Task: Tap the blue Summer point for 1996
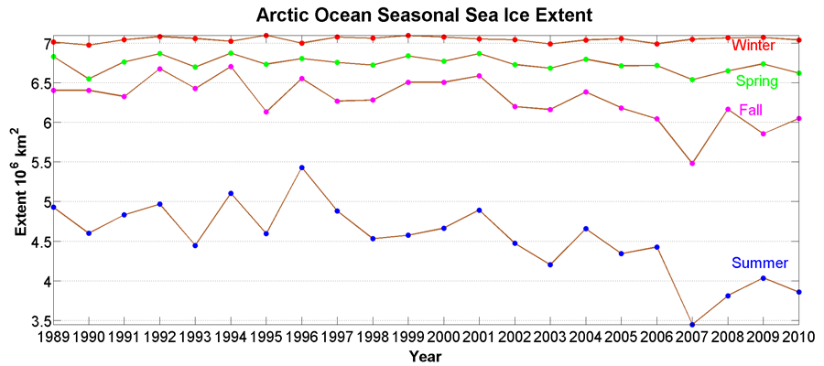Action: pos(302,167)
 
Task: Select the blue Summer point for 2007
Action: pos(692,324)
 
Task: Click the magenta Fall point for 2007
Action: pos(692,163)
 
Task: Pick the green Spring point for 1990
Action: pos(89,79)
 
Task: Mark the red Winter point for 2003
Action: pos(550,44)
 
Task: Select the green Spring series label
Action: pos(757,81)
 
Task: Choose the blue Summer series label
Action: pos(760,264)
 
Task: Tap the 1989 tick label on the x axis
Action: pos(53,338)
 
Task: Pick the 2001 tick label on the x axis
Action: pos(480,338)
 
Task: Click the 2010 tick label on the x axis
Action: pos(798,338)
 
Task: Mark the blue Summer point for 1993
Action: pos(195,245)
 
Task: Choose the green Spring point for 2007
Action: pos(692,80)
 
